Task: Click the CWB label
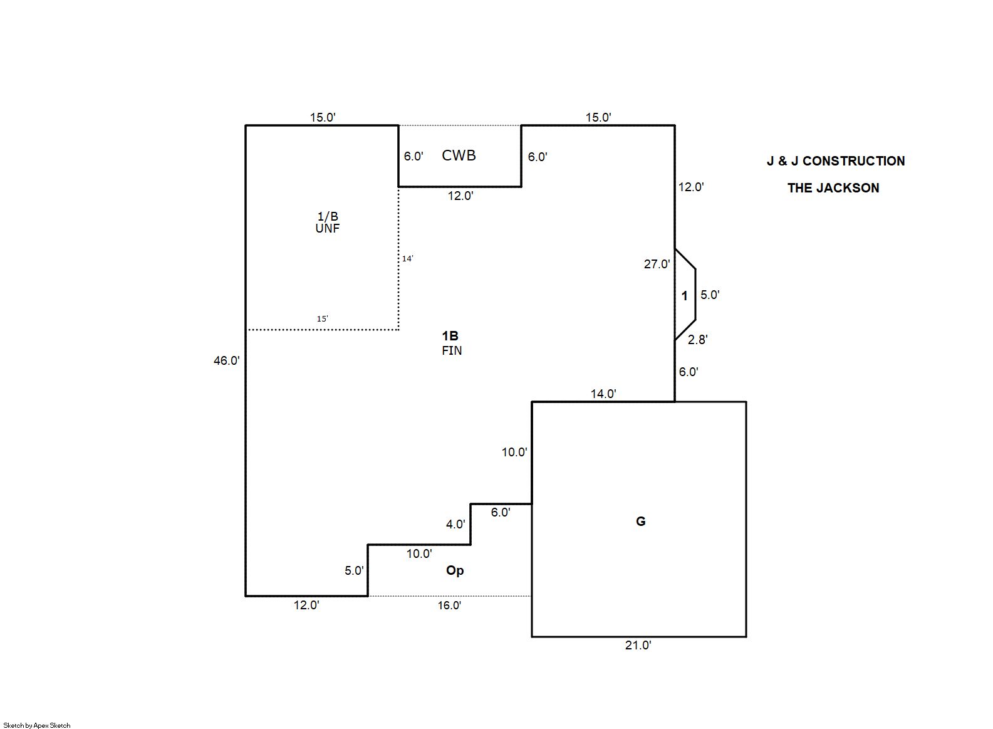pos(459,155)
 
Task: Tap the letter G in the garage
pos(640,522)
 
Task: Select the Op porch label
pos(455,570)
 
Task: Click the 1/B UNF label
pos(327,223)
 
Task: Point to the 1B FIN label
pos(451,343)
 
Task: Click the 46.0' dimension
pos(226,360)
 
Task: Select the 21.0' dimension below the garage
pos(638,645)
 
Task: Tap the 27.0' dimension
pos(657,264)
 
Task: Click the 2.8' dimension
pos(697,340)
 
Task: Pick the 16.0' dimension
pos(449,606)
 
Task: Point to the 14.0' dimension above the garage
pos(603,394)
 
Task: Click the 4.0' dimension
pos(455,524)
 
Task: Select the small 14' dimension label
pos(407,258)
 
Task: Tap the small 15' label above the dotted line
pos(322,318)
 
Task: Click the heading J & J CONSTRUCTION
pos(835,161)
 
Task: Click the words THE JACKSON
pos(833,188)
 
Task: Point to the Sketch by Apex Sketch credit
pos(37,725)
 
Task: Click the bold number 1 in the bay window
pos(684,296)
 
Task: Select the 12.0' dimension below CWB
pos(460,196)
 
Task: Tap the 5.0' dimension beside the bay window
pos(709,295)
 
